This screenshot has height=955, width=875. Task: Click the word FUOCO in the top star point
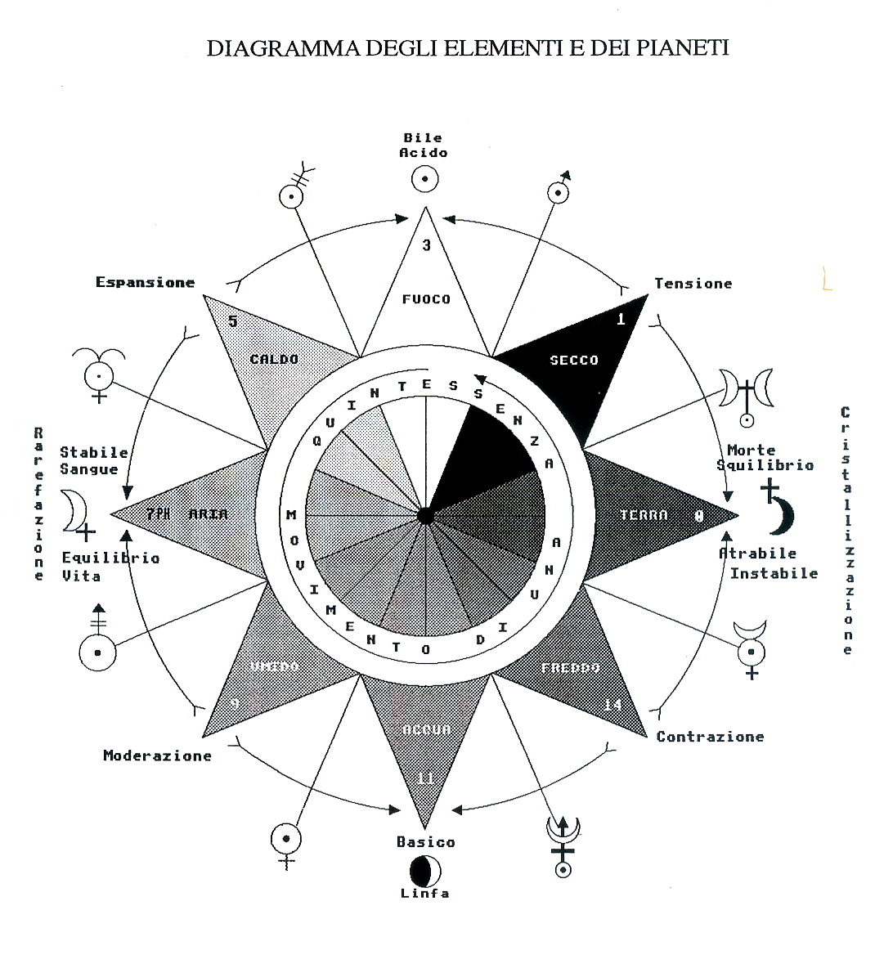point(426,299)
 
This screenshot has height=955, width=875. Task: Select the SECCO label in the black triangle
point(574,360)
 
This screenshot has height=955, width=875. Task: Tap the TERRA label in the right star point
point(644,514)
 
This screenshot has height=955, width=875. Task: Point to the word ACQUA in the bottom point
point(426,729)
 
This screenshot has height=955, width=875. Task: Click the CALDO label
point(274,359)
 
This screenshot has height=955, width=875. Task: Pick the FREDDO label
point(570,668)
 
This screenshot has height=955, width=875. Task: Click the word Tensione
point(693,284)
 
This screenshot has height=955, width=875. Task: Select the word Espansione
point(145,282)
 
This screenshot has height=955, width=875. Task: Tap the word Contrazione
point(710,737)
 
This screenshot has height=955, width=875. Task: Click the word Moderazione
point(157,755)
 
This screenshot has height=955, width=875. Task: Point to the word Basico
point(425,842)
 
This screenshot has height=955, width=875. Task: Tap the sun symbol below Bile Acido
point(424,179)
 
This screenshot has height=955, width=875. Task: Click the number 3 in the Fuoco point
point(426,245)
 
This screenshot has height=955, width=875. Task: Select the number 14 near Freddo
point(612,705)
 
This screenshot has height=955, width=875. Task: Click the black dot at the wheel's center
point(425,516)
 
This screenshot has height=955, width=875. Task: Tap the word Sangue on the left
point(88,469)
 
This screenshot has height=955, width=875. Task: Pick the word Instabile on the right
point(774,573)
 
